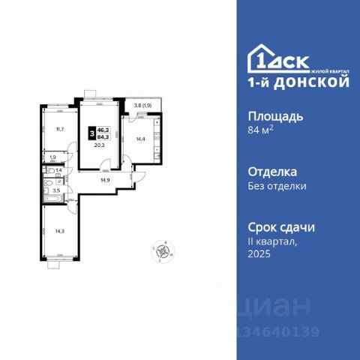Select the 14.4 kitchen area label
[x=139, y=139]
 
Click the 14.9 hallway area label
[x=106, y=180]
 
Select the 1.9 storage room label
[x=52, y=157]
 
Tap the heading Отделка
[x=272, y=170]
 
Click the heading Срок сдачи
[x=281, y=226]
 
